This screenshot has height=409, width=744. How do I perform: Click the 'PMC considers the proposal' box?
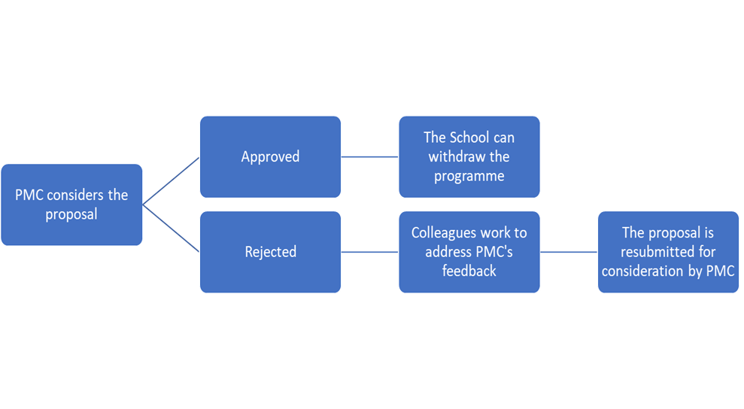click(x=71, y=204)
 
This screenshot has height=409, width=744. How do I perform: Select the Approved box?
click(x=270, y=156)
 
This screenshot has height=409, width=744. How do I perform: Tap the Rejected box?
click(x=270, y=252)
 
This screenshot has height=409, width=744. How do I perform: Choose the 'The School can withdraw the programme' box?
click(x=469, y=156)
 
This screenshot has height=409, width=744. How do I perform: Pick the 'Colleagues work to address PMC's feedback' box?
click(x=469, y=252)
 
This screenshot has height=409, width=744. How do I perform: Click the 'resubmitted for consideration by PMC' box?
click(x=668, y=252)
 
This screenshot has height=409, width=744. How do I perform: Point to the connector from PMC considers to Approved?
click(x=171, y=180)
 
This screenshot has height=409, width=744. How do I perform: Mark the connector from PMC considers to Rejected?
click(x=171, y=229)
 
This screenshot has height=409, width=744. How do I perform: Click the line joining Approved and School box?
click(x=369, y=157)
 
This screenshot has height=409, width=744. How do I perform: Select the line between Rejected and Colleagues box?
click(x=369, y=252)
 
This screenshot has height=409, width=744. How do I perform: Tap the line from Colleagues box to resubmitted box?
click(x=569, y=252)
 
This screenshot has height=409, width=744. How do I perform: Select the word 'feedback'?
click(x=469, y=271)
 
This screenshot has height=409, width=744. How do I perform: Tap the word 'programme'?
click(x=469, y=176)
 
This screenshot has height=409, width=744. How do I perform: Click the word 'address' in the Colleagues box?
click(x=448, y=252)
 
